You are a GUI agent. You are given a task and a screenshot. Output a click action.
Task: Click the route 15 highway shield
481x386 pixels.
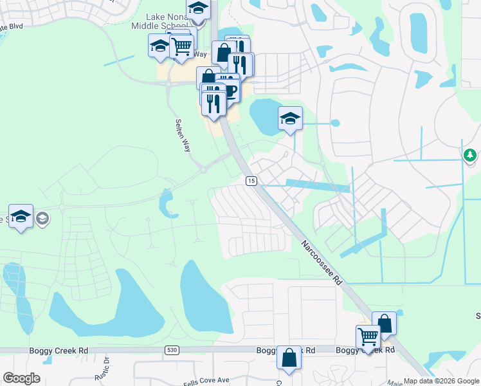coord(250,182)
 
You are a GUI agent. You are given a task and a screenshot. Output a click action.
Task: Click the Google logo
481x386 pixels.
coord(21,378)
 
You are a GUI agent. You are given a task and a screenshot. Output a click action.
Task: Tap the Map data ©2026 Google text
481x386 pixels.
coord(440,381)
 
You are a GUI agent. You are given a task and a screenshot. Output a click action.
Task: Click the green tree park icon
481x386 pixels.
coord(470,155)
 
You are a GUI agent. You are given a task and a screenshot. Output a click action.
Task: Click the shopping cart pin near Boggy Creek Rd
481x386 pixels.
coord(368,335)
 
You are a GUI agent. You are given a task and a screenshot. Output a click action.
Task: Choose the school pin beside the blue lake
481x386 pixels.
coord(290,118)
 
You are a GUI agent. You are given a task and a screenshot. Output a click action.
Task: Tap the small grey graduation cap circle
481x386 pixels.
coord(42,218)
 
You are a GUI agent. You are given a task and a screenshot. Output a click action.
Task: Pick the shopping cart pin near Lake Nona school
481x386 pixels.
coord(182,46)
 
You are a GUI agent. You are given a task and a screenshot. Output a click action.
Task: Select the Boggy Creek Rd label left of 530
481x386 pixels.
coord(59,351)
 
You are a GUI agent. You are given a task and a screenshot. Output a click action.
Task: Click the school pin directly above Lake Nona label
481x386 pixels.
coord(198,10)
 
